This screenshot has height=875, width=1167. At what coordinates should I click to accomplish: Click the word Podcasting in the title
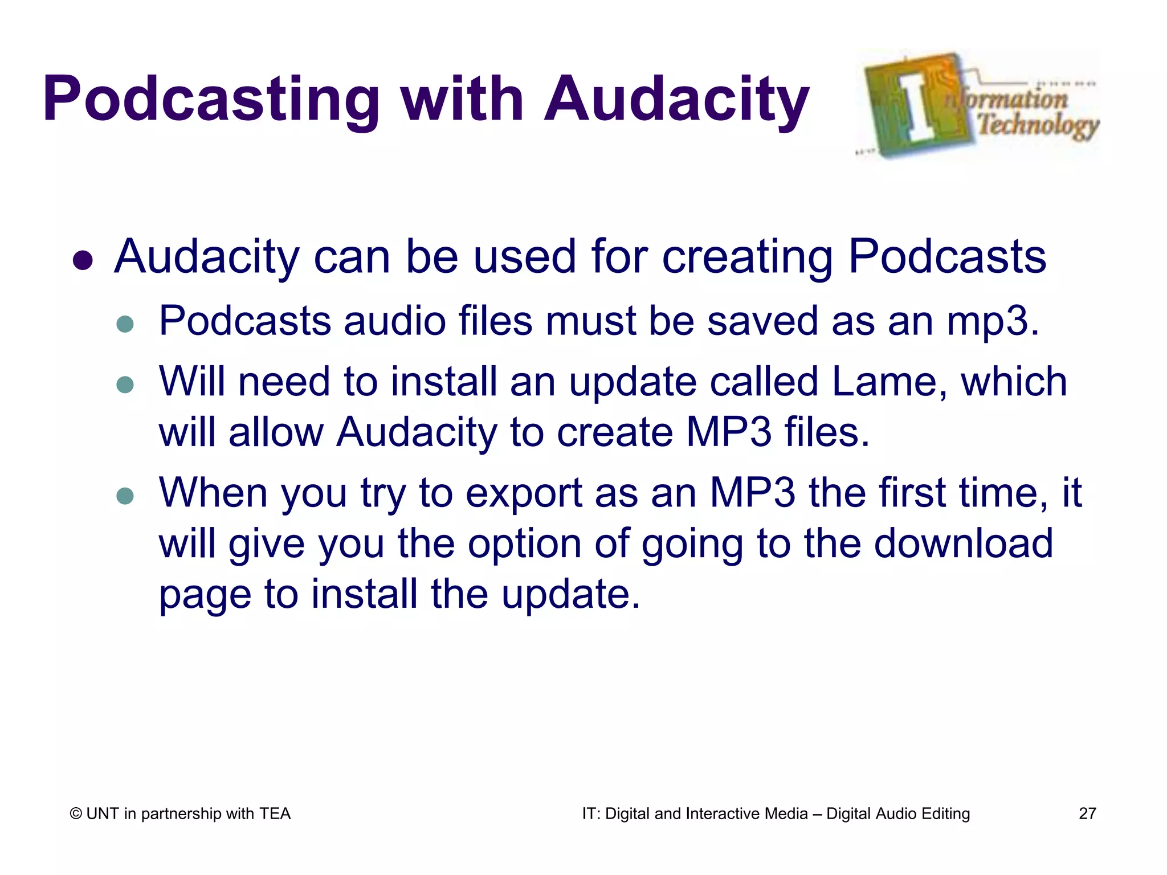[x=211, y=100]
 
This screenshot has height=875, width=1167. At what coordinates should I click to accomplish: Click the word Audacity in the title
[x=676, y=100]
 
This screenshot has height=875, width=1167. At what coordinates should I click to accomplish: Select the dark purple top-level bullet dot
[x=83, y=260]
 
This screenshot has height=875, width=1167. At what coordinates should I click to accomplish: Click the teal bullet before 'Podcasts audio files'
[x=125, y=324]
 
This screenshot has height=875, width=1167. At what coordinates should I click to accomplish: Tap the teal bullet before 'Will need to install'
[x=125, y=385]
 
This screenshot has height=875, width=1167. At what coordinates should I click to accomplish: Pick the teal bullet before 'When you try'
[x=125, y=496]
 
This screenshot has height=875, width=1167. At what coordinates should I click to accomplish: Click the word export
[x=524, y=493]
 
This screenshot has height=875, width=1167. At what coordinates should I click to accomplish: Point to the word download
[x=963, y=543]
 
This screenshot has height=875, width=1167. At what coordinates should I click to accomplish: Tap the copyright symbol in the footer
[x=76, y=814]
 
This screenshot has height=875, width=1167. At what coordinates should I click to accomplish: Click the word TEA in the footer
[x=275, y=813]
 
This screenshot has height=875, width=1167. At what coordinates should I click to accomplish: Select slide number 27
[x=1087, y=813]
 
